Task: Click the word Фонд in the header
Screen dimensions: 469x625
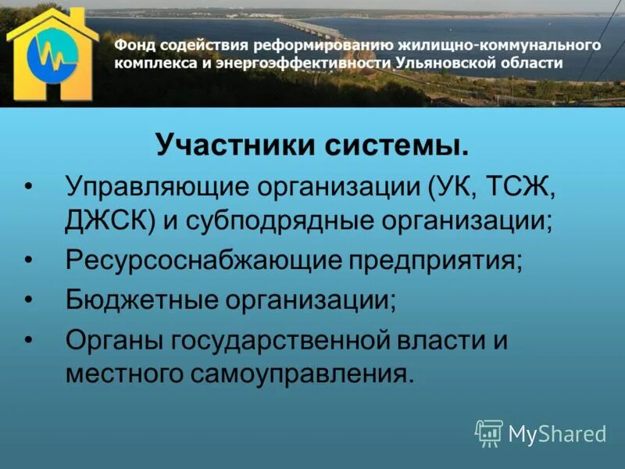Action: (134, 45)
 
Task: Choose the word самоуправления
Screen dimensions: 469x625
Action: (300, 374)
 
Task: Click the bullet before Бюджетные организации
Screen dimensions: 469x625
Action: (30, 300)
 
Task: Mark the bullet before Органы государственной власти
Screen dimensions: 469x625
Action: (30, 340)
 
